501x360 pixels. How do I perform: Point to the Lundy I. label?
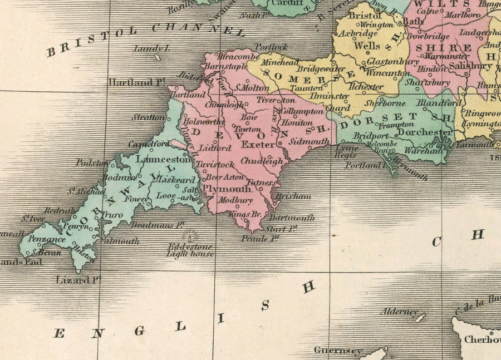[x=151, y=49]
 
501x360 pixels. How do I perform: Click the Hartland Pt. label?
[x=137, y=82]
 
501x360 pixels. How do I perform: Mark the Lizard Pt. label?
[x=78, y=280]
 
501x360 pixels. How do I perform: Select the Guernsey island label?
[x=338, y=351]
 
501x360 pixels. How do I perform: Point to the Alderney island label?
[x=399, y=312]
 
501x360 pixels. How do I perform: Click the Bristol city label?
[x=365, y=16]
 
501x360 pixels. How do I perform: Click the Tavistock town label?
[x=216, y=165]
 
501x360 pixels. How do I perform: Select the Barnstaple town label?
[x=225, y=66]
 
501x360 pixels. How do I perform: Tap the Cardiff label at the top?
[x=287, y=3]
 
